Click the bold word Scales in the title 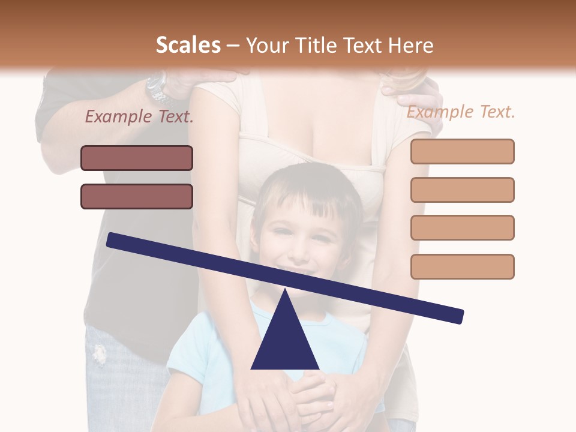tap(188, 46)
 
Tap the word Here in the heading tap(410, 46)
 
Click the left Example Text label tap(139, 116)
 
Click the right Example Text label tap(461, 112)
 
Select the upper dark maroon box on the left tap(137, 158)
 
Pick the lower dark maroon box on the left tap(137, 196)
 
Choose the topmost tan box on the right tap(462, 151)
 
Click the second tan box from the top tap(462, 190)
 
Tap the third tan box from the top tap(462, 227)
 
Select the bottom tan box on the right tap(462, 266)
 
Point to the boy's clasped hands tap(312, 396)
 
